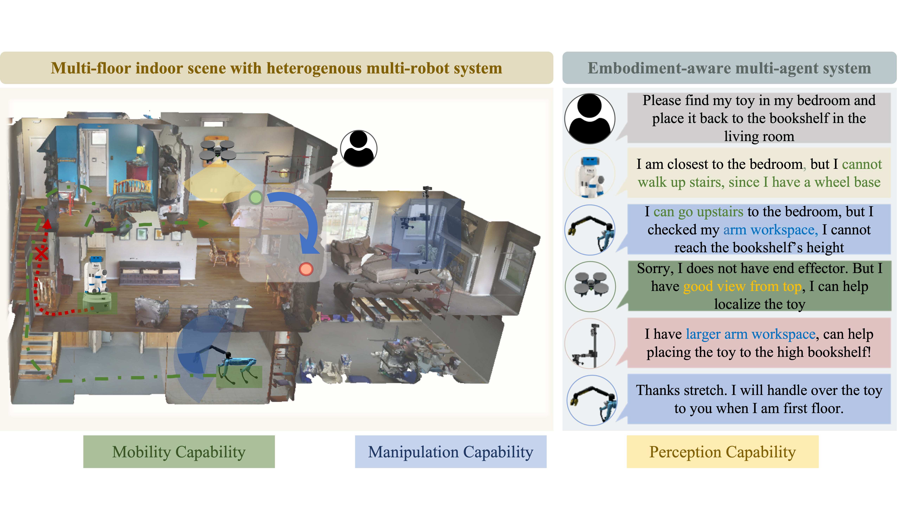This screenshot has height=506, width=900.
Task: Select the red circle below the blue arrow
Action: (x=306, y=269)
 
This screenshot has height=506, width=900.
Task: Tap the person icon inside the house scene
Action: (x=358, y=148)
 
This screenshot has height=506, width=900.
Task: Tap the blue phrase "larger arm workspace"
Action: (x=750, y=334)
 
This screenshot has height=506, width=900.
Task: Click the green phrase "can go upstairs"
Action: (x=698, y=212)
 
